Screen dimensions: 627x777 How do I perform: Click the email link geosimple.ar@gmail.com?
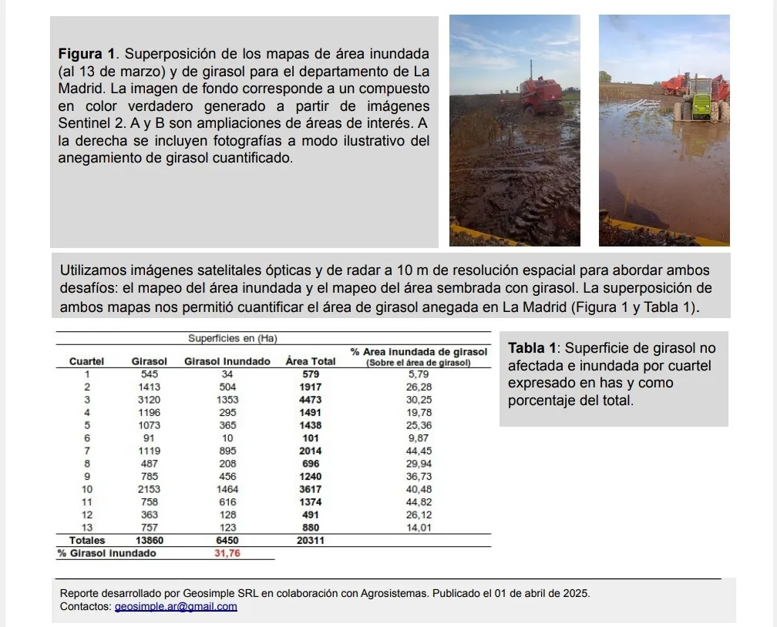click(x=176, y=606)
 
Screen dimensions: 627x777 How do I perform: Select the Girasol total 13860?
click(x=149, y=541)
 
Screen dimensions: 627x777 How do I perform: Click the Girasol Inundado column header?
click(x=227, y=361)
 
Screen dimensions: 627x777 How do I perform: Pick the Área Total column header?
click(x=311, y=361)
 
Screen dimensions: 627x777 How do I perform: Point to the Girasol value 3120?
click(x=150, y=400)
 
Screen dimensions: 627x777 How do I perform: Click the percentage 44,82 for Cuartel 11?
click(x=419, y=502)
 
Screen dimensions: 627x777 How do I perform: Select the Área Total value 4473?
click(x=311, y=400)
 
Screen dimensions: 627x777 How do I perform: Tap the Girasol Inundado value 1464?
click(x=227, y=489)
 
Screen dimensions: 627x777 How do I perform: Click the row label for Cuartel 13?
click(x=86, y=528)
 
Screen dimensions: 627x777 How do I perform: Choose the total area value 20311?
click(x=311, y=541)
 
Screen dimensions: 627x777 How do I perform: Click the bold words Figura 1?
click(x=87, y=55)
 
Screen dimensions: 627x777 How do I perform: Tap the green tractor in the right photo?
click(x=700, y=99)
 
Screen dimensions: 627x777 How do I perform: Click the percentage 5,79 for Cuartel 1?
click(x=419, y=374)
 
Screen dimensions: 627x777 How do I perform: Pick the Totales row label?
click(x=87, y=541)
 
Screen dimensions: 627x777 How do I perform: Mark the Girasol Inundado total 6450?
click(x=227, y=541)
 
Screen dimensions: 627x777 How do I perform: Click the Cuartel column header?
click(x=86, y=361)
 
